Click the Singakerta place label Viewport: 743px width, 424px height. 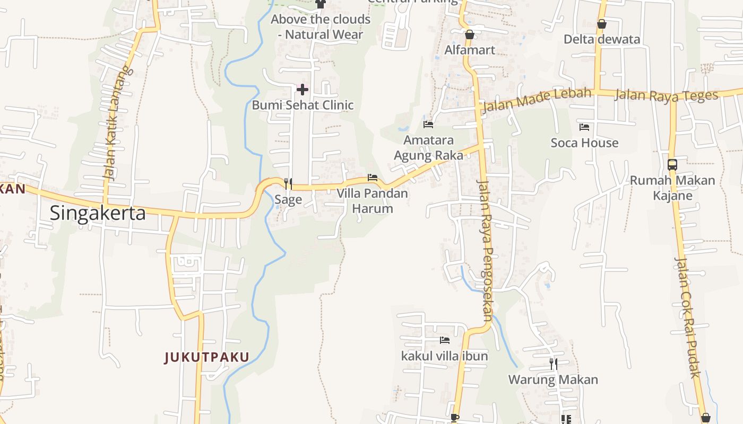98,213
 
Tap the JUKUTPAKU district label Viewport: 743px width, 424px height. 207,357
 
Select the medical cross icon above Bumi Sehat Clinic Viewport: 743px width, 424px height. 303,89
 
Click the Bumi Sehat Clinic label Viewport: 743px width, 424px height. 303,105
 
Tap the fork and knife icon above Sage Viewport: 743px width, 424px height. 288,184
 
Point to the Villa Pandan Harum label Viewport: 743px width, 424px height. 373,200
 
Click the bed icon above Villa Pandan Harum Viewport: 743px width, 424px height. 373,178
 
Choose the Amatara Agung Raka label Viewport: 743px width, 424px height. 428,148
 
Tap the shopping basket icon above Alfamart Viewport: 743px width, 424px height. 470,35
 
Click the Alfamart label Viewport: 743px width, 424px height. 470,50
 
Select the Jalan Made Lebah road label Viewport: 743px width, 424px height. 536,100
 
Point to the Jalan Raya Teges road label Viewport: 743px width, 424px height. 667,95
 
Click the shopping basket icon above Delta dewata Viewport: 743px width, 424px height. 602,24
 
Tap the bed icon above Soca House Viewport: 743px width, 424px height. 584,127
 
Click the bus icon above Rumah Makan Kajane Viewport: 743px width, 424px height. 672,165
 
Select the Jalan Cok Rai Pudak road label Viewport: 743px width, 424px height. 688,317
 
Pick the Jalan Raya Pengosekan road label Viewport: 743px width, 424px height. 485,251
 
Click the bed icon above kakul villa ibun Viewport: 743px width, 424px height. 445,340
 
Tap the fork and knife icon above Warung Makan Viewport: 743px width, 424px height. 553,364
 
